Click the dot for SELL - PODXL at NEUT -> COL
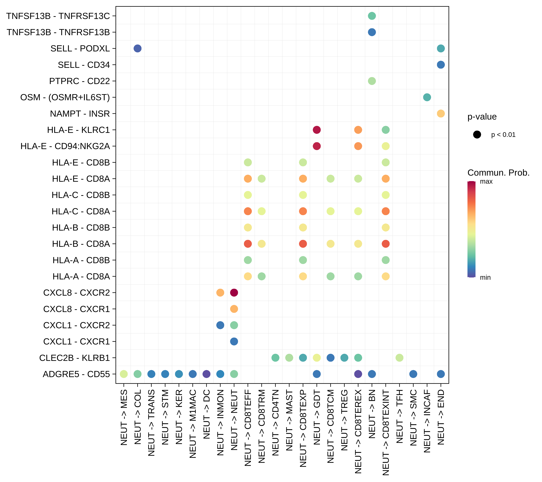coord(137,49)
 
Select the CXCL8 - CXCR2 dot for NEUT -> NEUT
coord(234,293)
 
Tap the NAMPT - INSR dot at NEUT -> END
coord(441,114)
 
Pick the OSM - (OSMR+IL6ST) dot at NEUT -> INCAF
coord(427,97)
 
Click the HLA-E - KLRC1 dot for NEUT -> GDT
coord(317,130)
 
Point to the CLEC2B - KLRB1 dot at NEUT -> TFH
coord(399,358)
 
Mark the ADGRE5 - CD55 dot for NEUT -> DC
coord(206,374)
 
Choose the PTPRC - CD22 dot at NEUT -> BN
coord(372,81)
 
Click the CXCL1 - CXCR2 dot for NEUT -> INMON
coord(220,325)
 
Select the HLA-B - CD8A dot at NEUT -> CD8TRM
coord(261,244)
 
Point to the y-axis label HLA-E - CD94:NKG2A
coord(65,146)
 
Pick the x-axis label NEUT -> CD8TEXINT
coord(386,432)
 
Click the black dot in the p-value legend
coord(477,135)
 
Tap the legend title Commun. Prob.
coord(498,173)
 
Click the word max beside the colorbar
coord(486,182)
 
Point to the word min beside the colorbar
coord(485,277)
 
